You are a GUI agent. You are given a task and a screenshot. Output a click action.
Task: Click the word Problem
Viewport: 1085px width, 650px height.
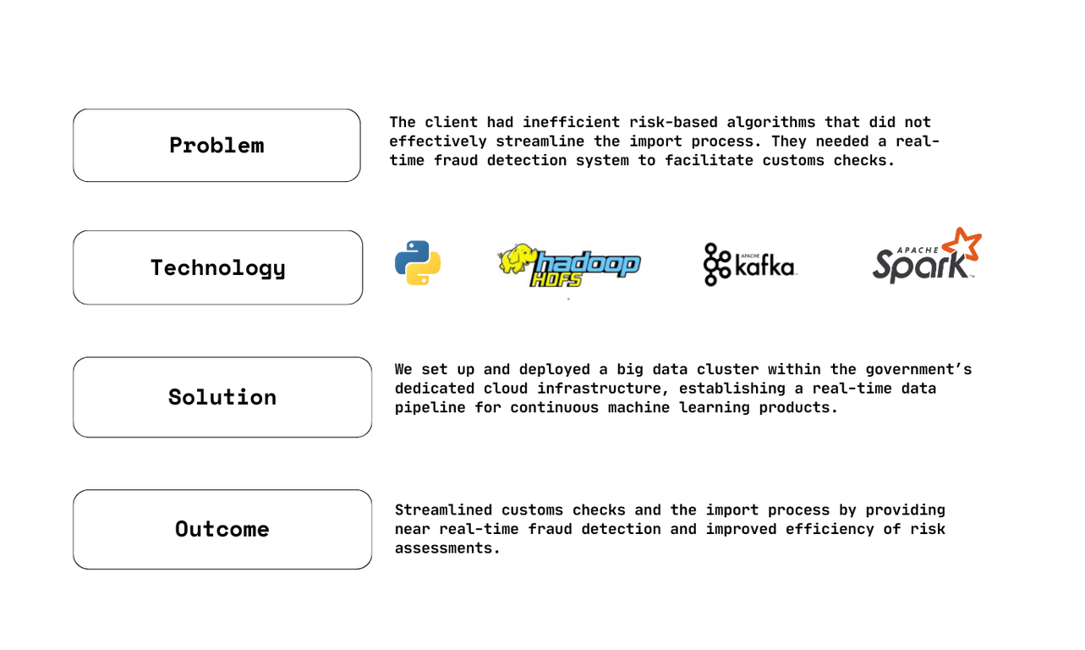[x=216, y=146]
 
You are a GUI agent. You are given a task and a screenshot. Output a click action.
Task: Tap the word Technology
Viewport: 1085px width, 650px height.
[x=217, y=268]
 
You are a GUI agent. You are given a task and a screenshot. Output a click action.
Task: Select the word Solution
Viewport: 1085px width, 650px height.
[x=222, y=397]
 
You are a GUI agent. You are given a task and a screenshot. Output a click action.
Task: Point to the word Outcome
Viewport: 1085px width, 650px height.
[x=222, y=529]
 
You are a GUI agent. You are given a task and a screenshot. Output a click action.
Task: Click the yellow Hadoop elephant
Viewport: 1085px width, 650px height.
[x=516, y=260]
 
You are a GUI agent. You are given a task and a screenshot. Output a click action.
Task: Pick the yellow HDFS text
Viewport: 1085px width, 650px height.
[x=557, y=280]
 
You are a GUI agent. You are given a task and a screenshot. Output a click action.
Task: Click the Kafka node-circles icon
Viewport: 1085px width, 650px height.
[x=716, y=264]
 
